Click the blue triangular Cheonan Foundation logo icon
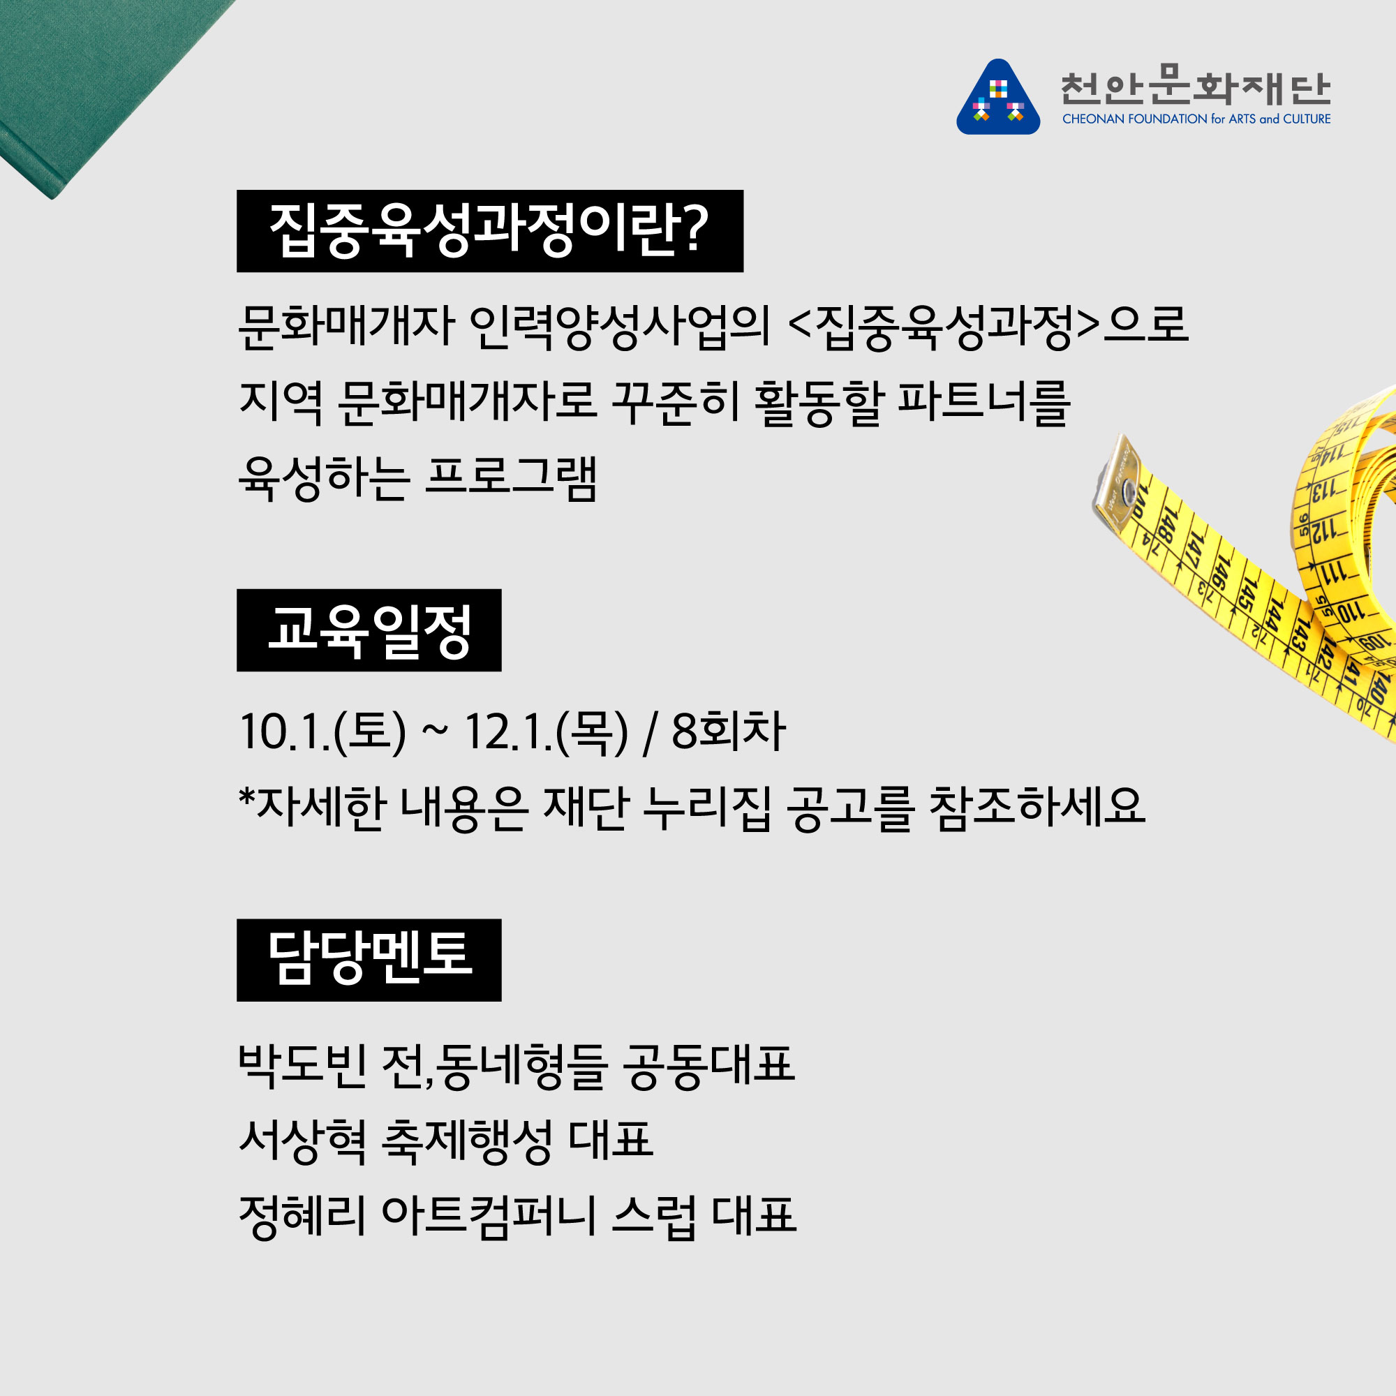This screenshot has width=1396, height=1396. (x=998, y=98)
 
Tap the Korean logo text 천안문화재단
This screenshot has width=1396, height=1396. (x=1196, y=86)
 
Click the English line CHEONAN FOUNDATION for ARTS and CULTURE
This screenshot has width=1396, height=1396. (x=1196, y=119)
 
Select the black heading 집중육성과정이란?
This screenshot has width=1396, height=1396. (x=490, y=231)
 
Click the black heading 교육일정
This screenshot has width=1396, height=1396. (x=369, y=630)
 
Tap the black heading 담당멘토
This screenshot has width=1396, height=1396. (x=369, y=960)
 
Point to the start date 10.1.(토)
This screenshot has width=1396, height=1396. (x=322, y=732)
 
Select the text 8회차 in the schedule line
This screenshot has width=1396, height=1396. (x=728, y=732)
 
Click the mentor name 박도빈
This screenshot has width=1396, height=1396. (x=302, y=1066)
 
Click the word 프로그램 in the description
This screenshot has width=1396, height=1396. (x=511, y=477)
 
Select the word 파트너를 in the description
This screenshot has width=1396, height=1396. (x=983, y=402)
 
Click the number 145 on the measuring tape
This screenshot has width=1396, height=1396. (x=1248, y=593)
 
